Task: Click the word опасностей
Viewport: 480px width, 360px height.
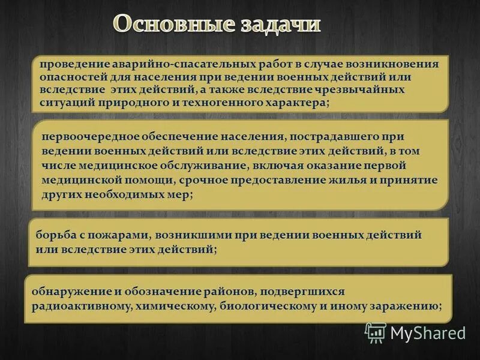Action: tap(69, 77)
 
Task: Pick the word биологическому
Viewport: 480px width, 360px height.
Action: tap(269, 306)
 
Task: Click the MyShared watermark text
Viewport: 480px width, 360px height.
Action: tap(428, 332)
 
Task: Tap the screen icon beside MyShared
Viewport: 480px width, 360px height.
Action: tap(376, 332)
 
